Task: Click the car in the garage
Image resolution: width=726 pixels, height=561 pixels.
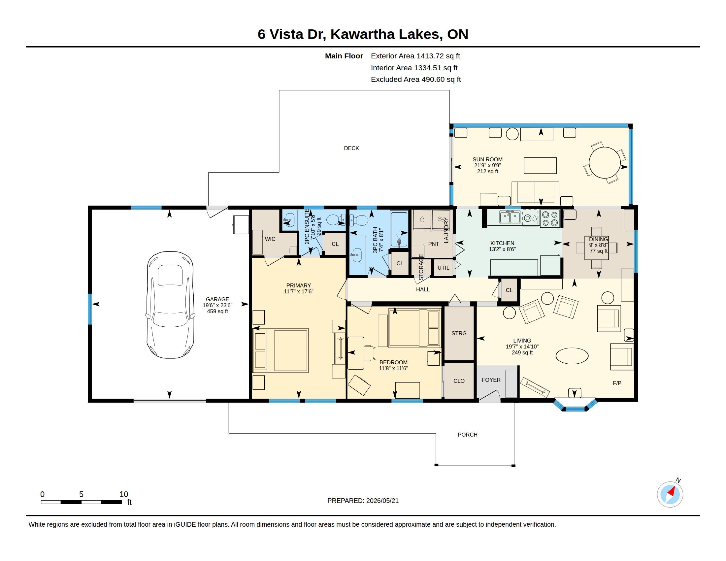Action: (170, 305)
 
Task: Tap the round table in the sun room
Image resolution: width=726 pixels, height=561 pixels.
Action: (605, 163)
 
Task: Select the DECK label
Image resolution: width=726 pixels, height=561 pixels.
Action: (351, 148)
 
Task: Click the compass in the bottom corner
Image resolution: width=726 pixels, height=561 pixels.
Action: (670, 494)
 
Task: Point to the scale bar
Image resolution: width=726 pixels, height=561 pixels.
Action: (81, 502)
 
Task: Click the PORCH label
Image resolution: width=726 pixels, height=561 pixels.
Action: (467, 435)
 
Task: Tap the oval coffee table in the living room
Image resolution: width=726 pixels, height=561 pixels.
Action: (572, 356)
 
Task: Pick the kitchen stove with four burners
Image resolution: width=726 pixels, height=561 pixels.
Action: (550, 218)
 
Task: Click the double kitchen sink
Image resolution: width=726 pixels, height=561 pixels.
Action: (510, 218)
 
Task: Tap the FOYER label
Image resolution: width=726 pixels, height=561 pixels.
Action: (491, 380)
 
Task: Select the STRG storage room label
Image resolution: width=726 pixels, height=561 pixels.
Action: (459, 333)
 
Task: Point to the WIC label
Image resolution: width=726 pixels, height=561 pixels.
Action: (270, 239)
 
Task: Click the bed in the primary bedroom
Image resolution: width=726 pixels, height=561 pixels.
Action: (280, 350)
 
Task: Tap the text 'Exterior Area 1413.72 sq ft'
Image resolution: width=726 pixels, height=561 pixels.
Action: (415, 56)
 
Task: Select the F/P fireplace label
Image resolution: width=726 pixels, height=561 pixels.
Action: (617, 383)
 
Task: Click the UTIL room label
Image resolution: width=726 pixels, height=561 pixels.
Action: (443, 268)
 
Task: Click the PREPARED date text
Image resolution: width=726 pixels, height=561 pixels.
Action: (363, 501)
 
